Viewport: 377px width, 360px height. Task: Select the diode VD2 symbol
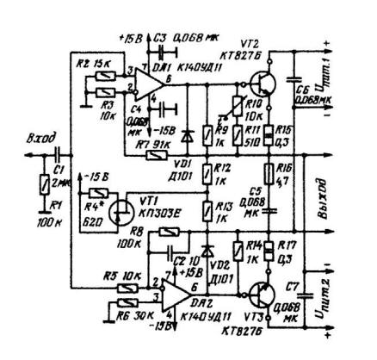click(x=206, y=250)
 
